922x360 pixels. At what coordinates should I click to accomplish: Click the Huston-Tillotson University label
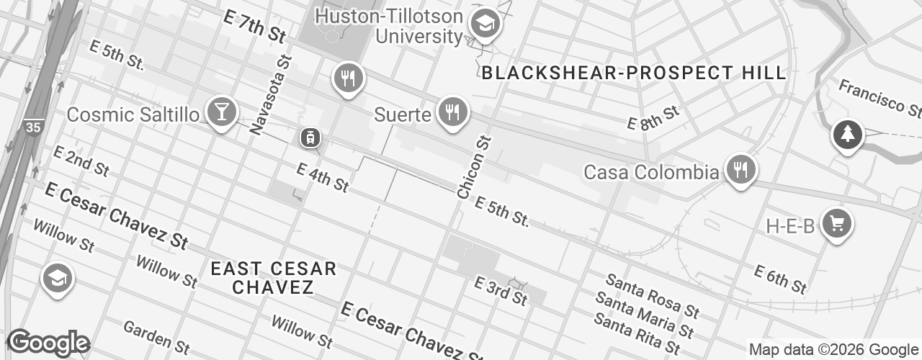tap(389, 25)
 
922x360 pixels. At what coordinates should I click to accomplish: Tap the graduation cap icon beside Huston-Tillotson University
tap(485, 24)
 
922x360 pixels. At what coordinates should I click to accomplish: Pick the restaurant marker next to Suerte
tap(452, 112)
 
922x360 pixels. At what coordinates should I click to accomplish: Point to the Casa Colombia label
tap(650, 172)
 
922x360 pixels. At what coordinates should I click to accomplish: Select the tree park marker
tap(848, 135)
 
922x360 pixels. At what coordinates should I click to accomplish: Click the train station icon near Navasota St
tap(310, 137)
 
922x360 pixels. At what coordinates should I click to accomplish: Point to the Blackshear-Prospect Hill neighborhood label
tap(633, 73)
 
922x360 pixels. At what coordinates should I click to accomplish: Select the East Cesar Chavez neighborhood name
tap(273, 278)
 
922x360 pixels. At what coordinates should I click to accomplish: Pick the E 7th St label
tap(254, 26)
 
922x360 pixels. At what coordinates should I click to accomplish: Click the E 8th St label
tap(653, 119)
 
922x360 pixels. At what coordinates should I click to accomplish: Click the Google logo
tap(48, 343)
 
